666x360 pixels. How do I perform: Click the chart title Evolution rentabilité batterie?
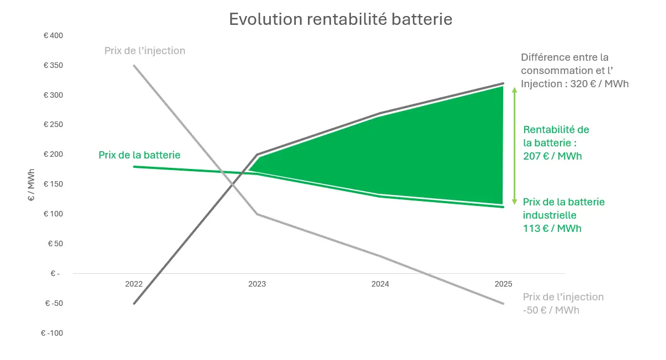340,19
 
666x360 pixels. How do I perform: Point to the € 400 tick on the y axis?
54,36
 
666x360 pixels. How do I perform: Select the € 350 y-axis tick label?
54,66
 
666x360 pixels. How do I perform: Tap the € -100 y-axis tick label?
52,333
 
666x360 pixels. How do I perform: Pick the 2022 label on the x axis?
134,284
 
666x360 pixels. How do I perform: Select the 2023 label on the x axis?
257,284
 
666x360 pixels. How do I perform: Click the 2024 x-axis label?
380,284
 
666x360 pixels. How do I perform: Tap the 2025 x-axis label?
503,284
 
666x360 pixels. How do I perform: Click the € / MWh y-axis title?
31,185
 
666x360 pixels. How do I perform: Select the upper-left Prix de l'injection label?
145,51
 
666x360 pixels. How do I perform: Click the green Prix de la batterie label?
140,155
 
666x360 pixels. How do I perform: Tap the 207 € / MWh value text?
552,156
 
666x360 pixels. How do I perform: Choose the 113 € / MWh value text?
552,228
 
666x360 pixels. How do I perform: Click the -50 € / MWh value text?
551,310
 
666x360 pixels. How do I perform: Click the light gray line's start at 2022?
134,66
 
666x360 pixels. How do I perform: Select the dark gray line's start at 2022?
134,303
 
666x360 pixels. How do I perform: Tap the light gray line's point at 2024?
380,256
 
